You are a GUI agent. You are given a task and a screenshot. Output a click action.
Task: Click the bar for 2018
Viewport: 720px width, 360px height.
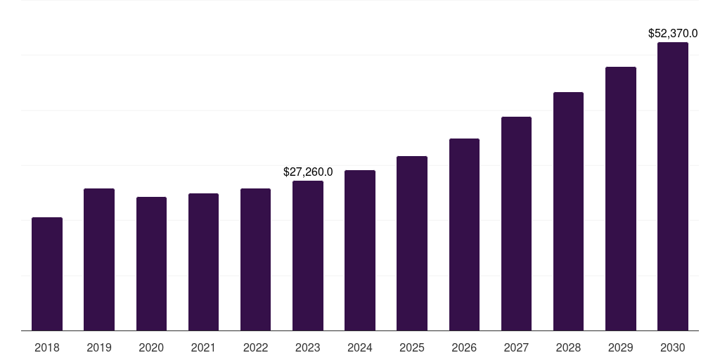47,274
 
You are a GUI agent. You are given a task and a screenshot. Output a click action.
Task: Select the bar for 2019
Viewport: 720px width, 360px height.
99,259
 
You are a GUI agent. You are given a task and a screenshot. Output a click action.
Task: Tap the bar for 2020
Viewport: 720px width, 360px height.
151,264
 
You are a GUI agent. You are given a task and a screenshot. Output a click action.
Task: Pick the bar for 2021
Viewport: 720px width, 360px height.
203,262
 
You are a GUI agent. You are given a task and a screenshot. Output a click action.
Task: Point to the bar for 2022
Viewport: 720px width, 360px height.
255,259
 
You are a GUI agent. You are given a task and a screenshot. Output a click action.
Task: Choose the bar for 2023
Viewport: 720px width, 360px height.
308,256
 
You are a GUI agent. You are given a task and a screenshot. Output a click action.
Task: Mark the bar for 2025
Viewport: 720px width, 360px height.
412,243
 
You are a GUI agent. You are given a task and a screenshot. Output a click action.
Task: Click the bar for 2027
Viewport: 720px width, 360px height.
516,224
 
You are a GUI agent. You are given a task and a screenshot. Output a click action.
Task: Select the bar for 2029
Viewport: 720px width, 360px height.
620,199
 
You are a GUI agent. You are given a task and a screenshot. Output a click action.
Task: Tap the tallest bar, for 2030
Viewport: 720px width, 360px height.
673,186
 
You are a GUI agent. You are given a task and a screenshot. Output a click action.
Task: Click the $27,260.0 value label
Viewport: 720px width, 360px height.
308,172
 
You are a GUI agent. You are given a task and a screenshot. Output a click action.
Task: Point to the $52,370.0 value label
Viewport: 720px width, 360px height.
673,33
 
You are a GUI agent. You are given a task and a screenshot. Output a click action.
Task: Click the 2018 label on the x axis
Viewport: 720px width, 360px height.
47,347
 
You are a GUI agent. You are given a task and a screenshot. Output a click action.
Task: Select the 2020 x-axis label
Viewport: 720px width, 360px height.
151,347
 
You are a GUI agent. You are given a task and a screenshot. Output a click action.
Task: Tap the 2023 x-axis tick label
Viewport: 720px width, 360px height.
308,347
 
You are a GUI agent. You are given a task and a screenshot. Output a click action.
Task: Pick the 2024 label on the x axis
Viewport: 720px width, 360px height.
360,347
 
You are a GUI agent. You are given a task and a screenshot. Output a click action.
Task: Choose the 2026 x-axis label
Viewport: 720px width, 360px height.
464,347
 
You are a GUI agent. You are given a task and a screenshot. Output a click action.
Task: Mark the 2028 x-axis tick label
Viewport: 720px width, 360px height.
568,347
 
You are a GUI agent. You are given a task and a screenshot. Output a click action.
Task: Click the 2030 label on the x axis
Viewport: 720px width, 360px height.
673,347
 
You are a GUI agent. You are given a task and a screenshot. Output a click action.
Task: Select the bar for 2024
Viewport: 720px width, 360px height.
360,250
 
